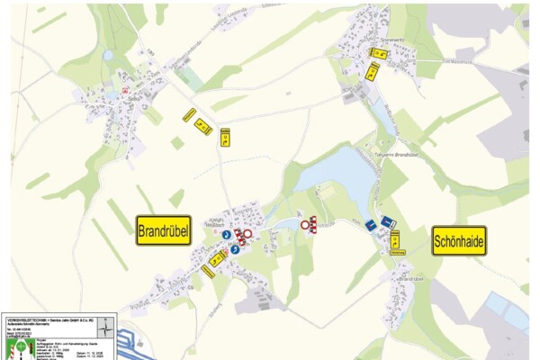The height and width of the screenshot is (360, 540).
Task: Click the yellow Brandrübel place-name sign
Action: coord(163,231)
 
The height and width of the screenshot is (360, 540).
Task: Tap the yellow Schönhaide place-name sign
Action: coord(459,240)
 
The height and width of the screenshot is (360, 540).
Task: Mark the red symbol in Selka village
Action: coord(123,91)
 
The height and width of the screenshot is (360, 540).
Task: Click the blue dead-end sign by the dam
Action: coord(387,221)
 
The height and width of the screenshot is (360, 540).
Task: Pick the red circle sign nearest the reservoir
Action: coord(305,222)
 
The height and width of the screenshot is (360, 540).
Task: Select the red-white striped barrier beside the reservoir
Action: coord(313,226)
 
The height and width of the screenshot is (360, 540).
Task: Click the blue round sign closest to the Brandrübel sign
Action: coord(226,235)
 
